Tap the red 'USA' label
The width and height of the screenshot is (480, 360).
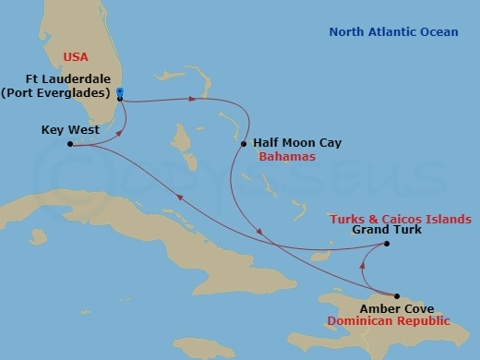pos(76,57)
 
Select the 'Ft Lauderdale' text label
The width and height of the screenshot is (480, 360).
pos(68,79)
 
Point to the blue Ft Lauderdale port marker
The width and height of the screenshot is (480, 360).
pos(121,92)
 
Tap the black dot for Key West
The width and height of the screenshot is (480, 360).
pos(71,144)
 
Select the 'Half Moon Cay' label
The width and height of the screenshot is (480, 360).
pos(292,143)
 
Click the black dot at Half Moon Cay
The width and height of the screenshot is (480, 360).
pos(244,144)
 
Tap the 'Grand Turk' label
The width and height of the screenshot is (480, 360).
pos(387,231)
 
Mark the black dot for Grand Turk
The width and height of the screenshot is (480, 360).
pos(387,245)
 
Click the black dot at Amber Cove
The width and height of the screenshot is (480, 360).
pos(397,295)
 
